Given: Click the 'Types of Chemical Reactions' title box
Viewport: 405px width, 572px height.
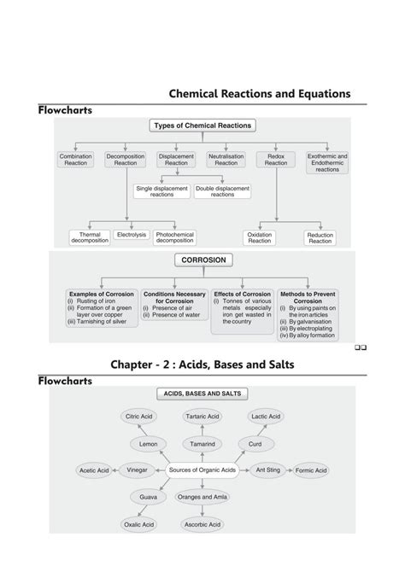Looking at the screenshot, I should pyautogui.click(x=202, y=125).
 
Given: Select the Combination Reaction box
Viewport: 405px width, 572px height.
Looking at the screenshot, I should pyautogui.click(x=75, y=160).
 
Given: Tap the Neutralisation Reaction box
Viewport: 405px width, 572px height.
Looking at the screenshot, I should pyautogui.click(x=226, y=160).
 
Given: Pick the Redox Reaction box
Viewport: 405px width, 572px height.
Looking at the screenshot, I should pyautogui.click(x=276, y=160).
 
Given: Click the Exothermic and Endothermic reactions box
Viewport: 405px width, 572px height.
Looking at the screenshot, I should pyautogui.click(x=327, y=162).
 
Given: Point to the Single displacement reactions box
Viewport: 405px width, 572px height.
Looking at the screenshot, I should pyautogui.click(x=161, y=191).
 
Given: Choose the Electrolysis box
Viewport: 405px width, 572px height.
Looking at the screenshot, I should pyautogui.click(x=131, y=234).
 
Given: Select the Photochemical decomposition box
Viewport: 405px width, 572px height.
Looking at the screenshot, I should pyautogui.click(x=175, y=237).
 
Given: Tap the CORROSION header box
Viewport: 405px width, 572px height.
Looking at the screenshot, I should pyautogui.click(x=202, y=260).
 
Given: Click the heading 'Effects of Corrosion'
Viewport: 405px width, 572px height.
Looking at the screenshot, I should pyautogui.click(x=243, y=294).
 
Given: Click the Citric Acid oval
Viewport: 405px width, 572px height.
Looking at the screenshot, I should pyautogui.click(x=138, y=417).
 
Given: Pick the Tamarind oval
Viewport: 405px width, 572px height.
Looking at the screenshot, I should pyautogui.click(x=202, y=444).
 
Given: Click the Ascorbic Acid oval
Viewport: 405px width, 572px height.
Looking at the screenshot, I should pyautogui.click(x=202, y=524).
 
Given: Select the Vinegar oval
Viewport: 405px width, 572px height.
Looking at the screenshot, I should pyautogui.click(x=137, y=470).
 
